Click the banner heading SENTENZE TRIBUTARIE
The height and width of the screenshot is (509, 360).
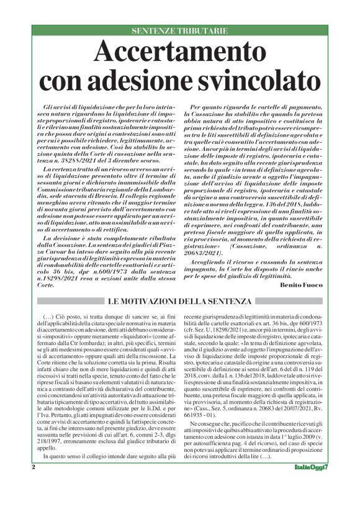coord(180,30)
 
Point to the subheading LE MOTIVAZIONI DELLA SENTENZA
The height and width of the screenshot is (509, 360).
coord(180,302)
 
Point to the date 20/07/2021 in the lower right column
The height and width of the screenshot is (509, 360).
coord(284,422)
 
